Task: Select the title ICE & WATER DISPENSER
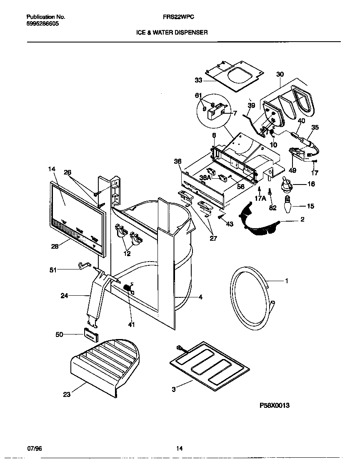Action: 172,32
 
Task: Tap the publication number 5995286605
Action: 42,24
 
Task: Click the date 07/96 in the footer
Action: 34,449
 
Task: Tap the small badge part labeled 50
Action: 90,334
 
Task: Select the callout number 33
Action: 198,80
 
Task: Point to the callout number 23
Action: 67,394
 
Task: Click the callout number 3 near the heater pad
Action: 174,389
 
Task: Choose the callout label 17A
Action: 260,199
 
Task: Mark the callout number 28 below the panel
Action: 55,247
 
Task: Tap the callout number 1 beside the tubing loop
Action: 286,281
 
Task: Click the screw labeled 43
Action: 220,216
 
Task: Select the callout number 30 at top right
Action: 280,74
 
